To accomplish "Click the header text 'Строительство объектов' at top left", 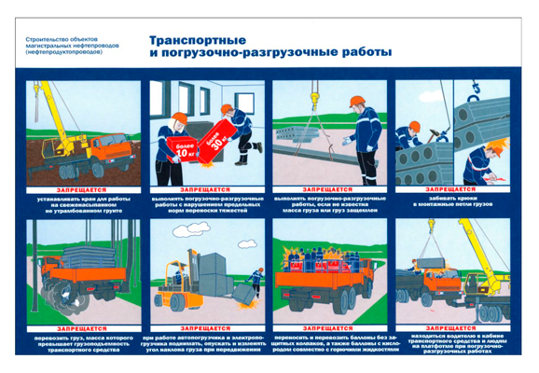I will tap(62, 39).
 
